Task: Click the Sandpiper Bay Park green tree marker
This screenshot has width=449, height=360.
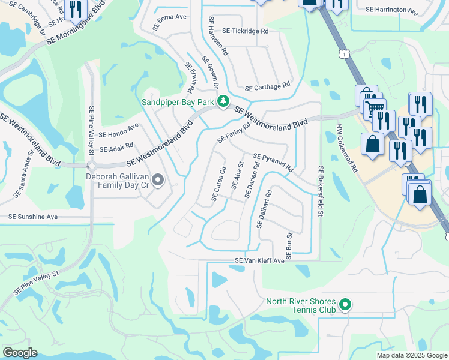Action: point(223,101)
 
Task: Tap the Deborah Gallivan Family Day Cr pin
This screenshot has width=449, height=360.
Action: point(158,180)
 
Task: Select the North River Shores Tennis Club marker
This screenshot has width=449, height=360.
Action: point(345,305)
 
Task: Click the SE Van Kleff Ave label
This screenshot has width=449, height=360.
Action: point(259,261)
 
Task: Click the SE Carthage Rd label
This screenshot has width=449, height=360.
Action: point(267,86)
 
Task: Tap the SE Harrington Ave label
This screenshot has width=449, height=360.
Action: point(391,10)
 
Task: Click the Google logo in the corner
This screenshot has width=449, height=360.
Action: point(20,353)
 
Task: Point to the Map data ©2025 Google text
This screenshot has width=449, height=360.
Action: point(411,355)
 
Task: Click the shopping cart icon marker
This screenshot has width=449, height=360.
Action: point(375,109)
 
